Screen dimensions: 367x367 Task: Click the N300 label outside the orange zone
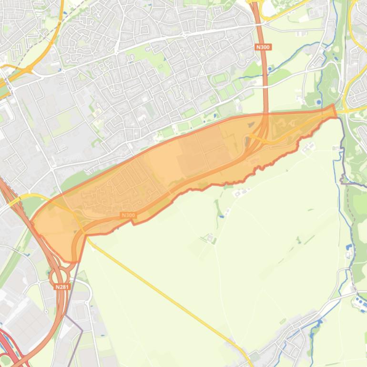pos(263,47)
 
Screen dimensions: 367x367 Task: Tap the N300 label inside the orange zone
pos(128,215)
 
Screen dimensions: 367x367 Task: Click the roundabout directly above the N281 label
pos(56,275)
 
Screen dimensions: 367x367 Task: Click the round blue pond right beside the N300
pos(270,69)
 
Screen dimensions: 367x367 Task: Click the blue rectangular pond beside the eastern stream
pos(348,248)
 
